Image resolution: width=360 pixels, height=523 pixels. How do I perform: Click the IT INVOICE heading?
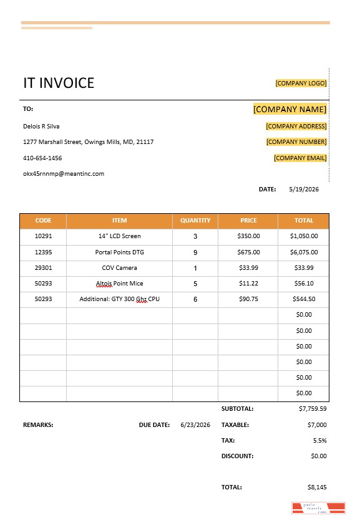click(59, 83)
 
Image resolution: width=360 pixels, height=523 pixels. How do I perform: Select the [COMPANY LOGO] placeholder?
click(301, 83)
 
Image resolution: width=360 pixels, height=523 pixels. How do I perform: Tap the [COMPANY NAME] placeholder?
click(289, 109)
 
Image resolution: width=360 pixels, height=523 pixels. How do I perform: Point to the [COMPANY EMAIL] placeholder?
click(300, 158)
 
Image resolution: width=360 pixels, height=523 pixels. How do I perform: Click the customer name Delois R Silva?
click(41, 126)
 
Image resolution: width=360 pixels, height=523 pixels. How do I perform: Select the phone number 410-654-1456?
click(42, 158)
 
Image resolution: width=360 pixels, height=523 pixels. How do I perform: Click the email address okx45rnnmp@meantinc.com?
click(64, 174)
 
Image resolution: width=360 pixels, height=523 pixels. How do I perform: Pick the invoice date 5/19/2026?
click(304, 189)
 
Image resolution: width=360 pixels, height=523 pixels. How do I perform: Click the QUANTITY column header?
click(195, 220)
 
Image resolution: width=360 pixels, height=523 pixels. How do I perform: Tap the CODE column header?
click(44, 220)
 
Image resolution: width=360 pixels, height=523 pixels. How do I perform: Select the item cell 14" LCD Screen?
click(120, 236)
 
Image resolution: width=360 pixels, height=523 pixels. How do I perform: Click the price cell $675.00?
click(249, 252)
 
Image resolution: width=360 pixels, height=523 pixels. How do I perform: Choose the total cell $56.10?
click(304, 284)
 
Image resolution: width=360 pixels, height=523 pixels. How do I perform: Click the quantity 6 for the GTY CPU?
click(195, 299)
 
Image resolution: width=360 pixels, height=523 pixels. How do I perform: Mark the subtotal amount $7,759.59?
click(313, 409)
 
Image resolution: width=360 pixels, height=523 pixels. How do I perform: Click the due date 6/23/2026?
click(195, 425)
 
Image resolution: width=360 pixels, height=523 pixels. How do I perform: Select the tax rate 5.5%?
click(319, 440)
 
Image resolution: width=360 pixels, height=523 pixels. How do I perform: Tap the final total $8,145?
click(317, 487)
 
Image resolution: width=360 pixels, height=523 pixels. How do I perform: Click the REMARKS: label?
click(38, 425)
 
